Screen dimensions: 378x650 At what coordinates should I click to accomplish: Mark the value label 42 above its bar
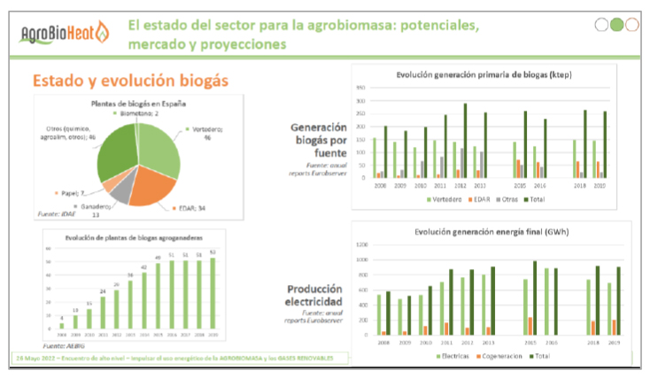[143, 267]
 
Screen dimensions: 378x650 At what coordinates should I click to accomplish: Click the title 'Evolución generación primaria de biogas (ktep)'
[483, 75]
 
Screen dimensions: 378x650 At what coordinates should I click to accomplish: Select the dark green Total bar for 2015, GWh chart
[534, 297]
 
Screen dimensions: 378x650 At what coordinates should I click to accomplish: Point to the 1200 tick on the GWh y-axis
[361, 243]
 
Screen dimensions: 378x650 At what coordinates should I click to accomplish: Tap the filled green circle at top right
[616, 25]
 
